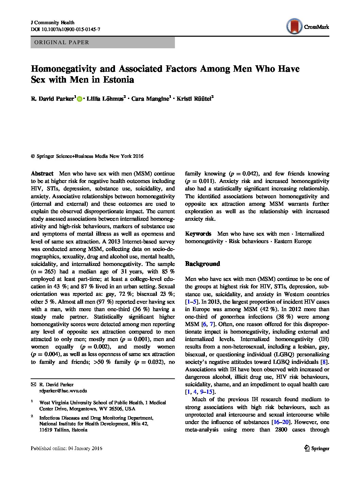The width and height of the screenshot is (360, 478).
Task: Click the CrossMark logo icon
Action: pyautogui.click(x=294, y=27)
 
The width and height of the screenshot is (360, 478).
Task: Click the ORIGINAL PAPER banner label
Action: pyautogui.click(x=62, y=42)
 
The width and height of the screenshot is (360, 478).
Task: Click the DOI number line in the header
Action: pyautogui.click(x=65, y=29)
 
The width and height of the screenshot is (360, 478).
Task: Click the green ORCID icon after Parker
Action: pyautogui.click(x=80, y=99)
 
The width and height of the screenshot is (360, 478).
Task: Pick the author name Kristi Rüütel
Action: pyautogui.click(x=195, y=99)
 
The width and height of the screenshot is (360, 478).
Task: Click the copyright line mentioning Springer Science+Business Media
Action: pyautogui.click(x=87, y=156)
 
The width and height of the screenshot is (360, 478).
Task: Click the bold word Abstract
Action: pyautogui.click(x=42, y=173)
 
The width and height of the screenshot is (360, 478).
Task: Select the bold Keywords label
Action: pyautogui.click(x=198, y=234)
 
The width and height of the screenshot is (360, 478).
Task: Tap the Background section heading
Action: pyautogui.click(x=202, y=264)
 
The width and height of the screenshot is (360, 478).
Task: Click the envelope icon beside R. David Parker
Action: pyautogui.click(x=33, y=385)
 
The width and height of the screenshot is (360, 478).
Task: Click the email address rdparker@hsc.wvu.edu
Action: pyautogui.click(x=63, y=391)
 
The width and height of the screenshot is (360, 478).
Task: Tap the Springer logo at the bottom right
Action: pyautogui.click(x=316, y=448)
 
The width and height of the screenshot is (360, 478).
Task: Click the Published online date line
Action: pyautogui.click(x=66, y=448)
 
